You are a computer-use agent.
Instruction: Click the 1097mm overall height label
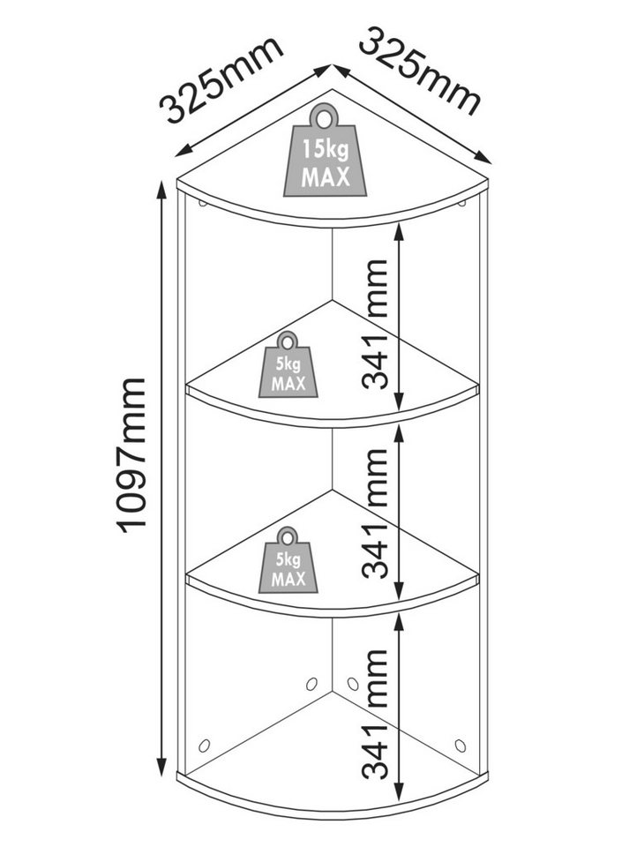coord(132,455)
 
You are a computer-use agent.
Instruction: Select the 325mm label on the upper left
coord(222,79)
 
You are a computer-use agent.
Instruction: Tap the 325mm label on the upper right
coord(419,71)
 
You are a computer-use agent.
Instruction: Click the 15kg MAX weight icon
coord(325,150)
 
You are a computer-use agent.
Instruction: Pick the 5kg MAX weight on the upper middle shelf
coord(288,364)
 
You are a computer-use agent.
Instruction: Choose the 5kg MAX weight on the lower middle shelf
coord(288,560)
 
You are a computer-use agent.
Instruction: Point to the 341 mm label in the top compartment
coord(375,324)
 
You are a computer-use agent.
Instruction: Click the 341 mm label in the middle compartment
coord(375,513)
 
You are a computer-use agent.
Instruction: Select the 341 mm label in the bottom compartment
coord(375,714)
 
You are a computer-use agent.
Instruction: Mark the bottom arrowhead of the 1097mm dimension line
coord(161,767)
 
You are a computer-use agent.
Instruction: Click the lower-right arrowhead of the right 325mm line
coord(483,157)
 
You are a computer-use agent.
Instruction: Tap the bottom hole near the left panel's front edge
coord(204,746)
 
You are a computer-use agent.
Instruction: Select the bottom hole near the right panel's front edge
coord(460,746)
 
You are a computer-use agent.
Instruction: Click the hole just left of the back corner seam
coord(311,684)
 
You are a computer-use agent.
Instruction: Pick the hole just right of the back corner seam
coord(353,684)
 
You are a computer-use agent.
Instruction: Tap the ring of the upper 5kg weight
coord(288,341)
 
